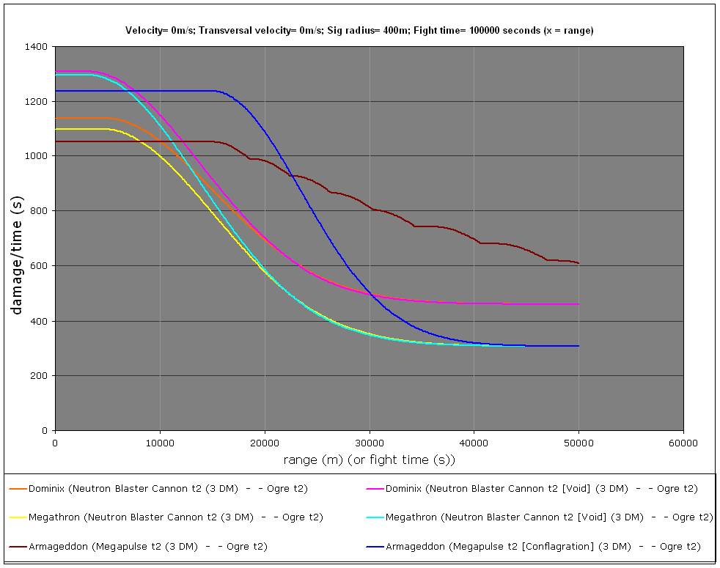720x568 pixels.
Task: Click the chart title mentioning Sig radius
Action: click(x=359, y=30)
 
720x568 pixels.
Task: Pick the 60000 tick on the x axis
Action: click(x=683, y=443)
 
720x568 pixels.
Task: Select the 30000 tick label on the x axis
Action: click(x=370, y=443)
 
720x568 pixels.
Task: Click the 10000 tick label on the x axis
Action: click(x=160, y=443)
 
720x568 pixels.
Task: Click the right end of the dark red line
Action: click(x=578, y=263)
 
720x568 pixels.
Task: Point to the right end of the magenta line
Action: click(x=578, y=303)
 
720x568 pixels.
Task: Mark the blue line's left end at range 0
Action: click(x=56, y=91)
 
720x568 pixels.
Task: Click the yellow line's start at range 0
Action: click(x=56, y=129)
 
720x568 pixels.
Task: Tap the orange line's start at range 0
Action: click(x=56, y=118)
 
